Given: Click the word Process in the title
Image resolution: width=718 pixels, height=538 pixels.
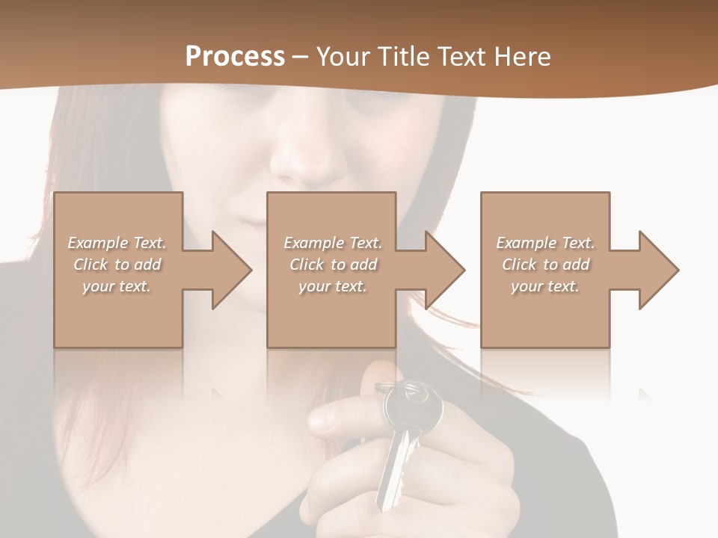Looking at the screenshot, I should (235, 57).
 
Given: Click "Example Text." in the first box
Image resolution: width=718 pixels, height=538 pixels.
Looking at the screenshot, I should (117, 243).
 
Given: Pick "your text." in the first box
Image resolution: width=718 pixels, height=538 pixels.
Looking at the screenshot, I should (117, 286).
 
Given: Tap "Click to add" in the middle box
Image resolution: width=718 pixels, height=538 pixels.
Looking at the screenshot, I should (333, 265).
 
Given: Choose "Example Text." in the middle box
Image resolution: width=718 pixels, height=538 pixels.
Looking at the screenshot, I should (333, 243).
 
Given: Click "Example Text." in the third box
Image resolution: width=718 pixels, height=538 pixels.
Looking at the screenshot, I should (545, 243).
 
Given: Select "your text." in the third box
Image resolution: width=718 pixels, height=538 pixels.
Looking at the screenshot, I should (545, 286).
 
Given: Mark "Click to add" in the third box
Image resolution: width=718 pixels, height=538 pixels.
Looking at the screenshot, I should (545, 265).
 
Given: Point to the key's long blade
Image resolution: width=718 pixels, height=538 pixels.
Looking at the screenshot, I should (395, 471).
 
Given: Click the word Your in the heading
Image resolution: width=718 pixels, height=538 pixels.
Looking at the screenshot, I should (345, 57).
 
